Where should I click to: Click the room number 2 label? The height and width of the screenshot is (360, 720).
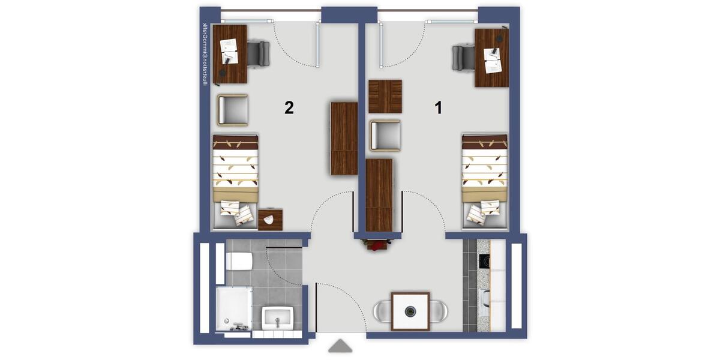(x=289, y=108)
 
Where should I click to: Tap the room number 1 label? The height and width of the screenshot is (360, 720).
(x=439, y=108)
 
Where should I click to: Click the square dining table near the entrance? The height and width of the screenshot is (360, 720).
(x=410, y=311)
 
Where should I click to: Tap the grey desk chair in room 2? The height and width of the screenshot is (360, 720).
(x=258, y=53)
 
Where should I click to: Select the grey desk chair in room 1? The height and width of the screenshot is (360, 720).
(x=464, y=58)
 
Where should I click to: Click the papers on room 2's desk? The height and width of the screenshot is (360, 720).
(x=230, y=51)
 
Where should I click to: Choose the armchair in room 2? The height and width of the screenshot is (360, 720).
(x=233, y=110)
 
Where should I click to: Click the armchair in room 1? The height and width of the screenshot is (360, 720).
(x=385, y=135)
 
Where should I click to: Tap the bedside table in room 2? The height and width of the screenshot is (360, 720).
(x=271, y=220)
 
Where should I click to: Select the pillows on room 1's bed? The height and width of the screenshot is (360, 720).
(x=484, y=211)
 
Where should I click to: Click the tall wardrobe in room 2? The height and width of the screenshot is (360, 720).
(x=344, y=139)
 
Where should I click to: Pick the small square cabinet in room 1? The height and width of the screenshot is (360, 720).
(x=385, y=97)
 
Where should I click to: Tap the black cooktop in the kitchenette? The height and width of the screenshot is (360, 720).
(x=484, y=262)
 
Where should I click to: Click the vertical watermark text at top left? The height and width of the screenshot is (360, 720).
(x=205, y=55)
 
